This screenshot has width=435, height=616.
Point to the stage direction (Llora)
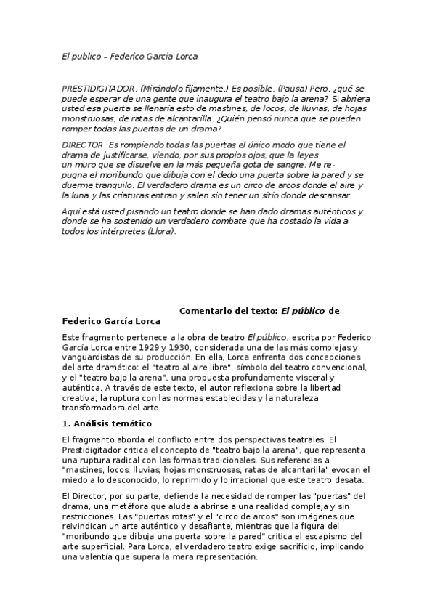coord(160,232)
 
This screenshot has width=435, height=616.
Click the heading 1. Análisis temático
coord(107,423)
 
